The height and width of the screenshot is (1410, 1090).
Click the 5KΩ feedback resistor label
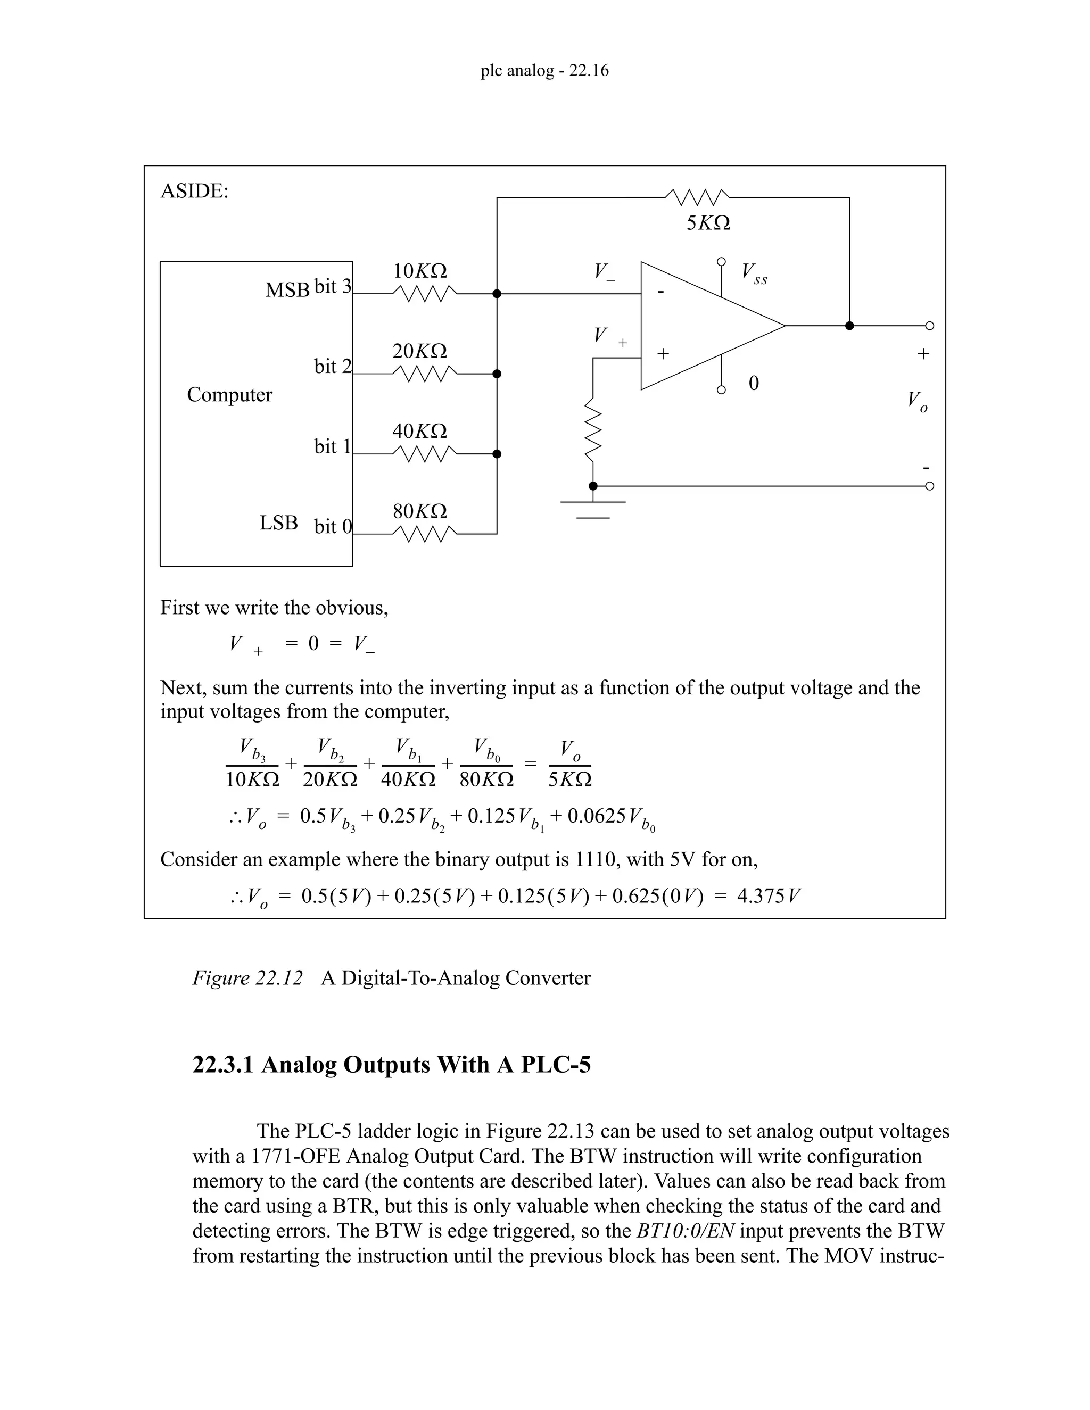click(x=708, y=223)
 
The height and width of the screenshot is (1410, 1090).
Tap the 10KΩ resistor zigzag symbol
click(x=424, y=294)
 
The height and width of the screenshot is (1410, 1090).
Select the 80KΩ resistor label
click(x=420, y=511)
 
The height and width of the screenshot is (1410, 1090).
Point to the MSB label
click(x=287, y=291)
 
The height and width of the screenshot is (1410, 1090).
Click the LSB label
click(x=278, y=522)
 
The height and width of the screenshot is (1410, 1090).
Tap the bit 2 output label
click(x=333, y=367)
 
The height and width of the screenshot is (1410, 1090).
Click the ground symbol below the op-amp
click(x=593, y=509)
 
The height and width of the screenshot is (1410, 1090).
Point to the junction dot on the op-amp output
click(x=849, y=326)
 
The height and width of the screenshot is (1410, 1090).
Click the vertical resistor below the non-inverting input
click(x=593, y=429)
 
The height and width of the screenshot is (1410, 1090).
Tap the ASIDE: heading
click(x=194, y=191)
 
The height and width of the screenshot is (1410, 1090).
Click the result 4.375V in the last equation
click(x=769, y=896)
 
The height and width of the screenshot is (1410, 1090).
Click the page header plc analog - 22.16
click(x=544, y=70)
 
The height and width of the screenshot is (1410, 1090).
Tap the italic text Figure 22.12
click(x=247, y=977)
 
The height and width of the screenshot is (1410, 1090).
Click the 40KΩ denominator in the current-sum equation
click(x=408, y=779)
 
